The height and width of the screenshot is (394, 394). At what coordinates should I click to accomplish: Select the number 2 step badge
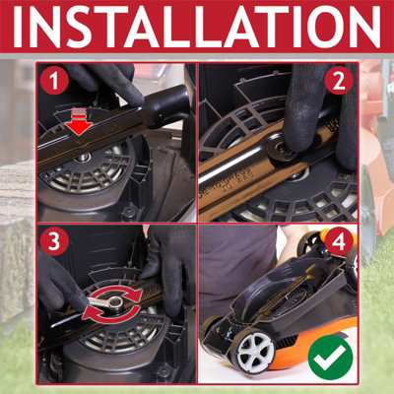coord(337,83)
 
